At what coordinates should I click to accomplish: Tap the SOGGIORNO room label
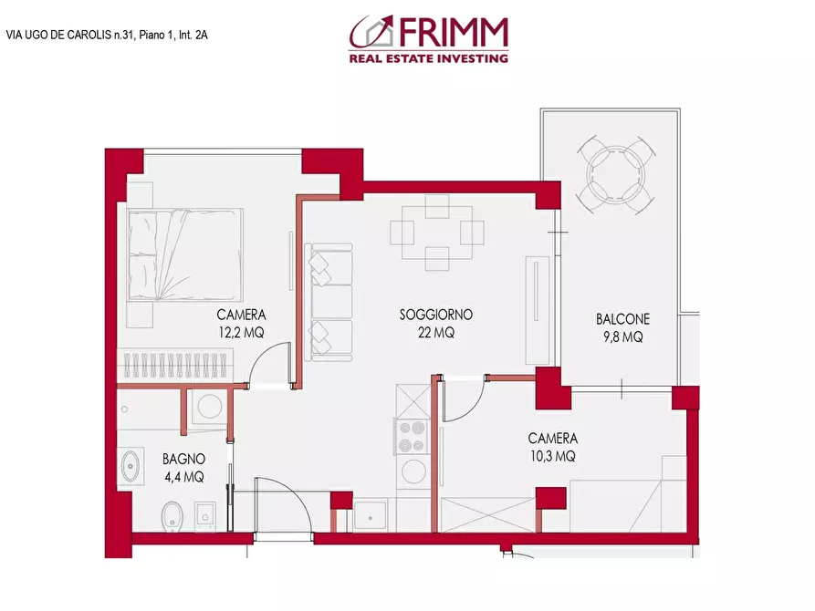point(435,316)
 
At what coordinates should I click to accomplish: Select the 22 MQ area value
point(435,333)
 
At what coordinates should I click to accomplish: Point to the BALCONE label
point(622,319)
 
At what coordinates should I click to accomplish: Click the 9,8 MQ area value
point(622,337)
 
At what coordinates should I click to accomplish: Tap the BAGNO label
point(183,459)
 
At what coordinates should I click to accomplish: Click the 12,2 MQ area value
point(240,333)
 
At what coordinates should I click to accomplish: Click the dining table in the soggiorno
point(436,233)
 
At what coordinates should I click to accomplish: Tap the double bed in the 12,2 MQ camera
point(185,255)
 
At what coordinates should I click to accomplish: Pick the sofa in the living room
point(330,301)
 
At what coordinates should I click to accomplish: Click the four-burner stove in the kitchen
point(411,435)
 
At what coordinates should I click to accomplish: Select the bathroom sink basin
point(130,466)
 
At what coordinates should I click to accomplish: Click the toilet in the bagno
point(172,514)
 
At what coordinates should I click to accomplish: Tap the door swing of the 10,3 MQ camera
point(461,401)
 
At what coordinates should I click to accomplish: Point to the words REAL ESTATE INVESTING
point(428,58)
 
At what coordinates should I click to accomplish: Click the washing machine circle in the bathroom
point(208,405)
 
